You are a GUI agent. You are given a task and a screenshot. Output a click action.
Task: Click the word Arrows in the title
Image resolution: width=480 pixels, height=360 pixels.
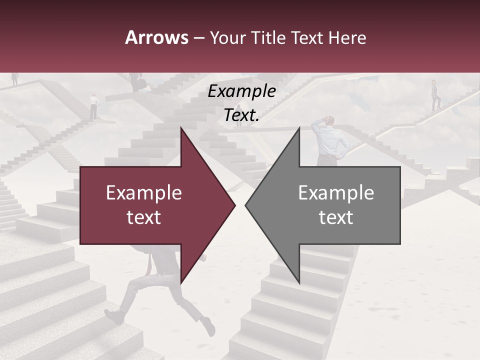[x=156, y=37]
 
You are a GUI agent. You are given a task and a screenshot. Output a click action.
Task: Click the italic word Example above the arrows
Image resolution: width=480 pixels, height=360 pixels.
[x=242, y=91]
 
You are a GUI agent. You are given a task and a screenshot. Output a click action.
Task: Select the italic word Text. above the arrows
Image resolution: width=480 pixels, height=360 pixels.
[x=242, y=115]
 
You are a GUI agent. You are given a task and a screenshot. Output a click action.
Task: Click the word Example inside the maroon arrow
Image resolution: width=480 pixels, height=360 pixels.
[x=144, y=193]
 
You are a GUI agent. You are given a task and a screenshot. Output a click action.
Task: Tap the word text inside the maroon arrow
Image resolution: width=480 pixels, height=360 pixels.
[x=144, y=217]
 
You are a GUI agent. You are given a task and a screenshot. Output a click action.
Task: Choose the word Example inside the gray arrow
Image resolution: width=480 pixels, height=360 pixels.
[x=336, y=193]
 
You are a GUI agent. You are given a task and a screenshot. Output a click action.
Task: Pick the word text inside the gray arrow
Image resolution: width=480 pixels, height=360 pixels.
[x=336, y=217]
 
